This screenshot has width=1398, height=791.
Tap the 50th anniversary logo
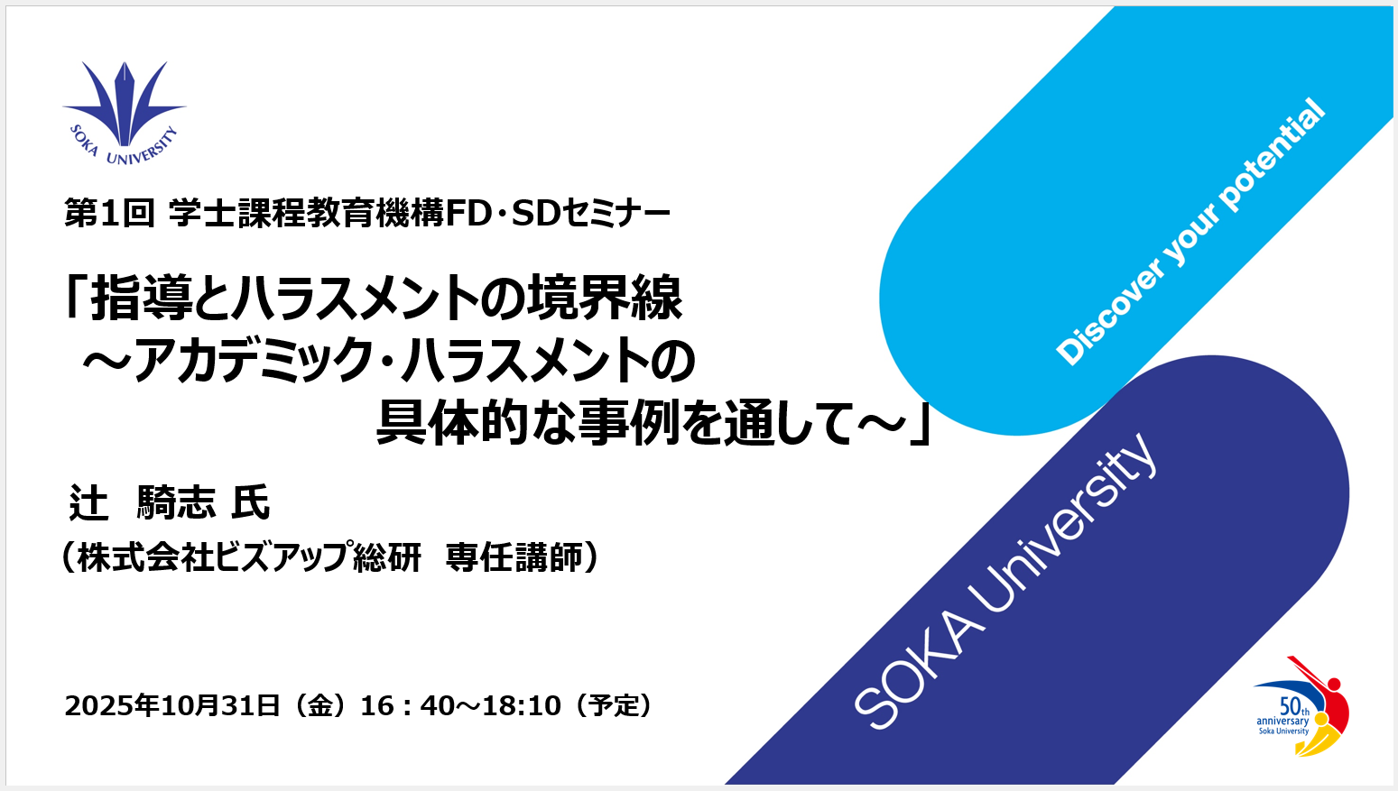click(x=1301, y=708)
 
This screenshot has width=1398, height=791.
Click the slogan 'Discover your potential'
click(x=1191, y=232)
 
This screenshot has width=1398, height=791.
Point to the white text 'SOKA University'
click(x=1005, y=582)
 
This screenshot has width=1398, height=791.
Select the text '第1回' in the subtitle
click(x=109, y=214)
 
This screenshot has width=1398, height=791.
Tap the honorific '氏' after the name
click(x=251, y=503)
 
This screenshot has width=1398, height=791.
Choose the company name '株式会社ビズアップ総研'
click(x=249, y=557)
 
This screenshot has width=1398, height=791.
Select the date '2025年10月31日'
click(x=172, y=705)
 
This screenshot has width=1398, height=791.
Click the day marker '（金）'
click(x=320, y=705)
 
